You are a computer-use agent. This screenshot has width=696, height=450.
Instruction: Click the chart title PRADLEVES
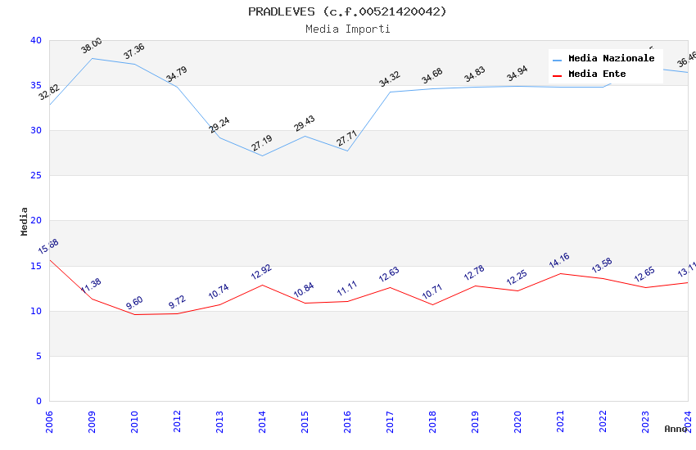[x=348, y=11]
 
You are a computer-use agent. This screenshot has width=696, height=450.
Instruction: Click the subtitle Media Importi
[x=348, y=29]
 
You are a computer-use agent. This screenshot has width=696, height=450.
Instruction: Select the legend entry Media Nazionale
[x=611, y=59]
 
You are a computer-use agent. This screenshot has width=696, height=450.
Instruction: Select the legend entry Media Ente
[x=597, y=74]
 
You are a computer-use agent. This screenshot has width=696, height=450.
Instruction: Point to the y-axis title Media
[x=25, y=221]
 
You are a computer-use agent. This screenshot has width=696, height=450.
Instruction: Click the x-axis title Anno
[x=676, y=429]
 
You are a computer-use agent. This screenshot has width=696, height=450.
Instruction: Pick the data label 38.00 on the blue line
[x=92, y=46]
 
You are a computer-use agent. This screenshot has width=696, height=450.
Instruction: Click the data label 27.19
[x=262, y=143]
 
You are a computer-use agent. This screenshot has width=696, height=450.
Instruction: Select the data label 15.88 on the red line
[x=48, y=246]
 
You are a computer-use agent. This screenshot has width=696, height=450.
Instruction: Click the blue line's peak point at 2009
[x=92, y=58]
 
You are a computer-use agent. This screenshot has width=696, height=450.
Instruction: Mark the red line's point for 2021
[x=560, y=273]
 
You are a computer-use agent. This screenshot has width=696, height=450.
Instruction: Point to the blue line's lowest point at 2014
[x=262, y=155]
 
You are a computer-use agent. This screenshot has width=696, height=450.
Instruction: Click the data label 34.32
[x=390, y=79]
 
